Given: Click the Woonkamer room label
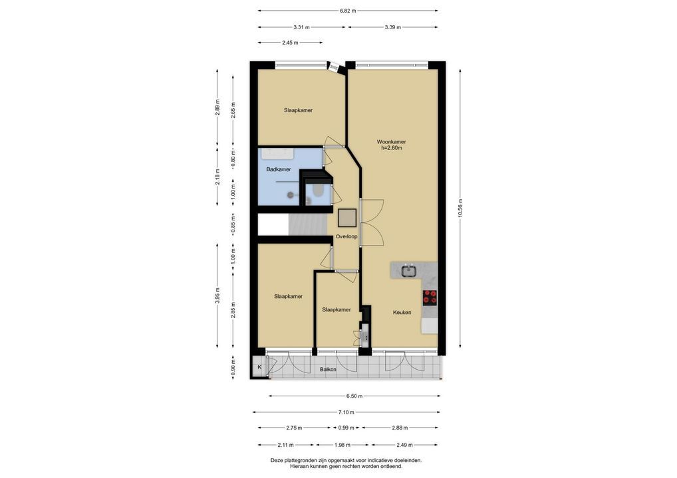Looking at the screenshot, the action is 391,142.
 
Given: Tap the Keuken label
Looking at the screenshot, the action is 402,313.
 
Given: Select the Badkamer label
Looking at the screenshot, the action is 279,169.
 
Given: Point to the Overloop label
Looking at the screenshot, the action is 346,236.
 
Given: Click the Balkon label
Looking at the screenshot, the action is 328,369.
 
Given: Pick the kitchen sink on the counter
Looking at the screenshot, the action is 408,271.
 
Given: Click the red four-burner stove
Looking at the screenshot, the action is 430,297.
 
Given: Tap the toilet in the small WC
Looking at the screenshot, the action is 317,191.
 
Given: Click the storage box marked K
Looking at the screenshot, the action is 259,367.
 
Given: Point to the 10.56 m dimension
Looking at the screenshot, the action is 461,208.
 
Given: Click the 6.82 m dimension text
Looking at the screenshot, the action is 348,11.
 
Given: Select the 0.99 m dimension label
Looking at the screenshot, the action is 346,428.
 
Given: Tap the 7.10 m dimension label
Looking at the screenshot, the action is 346,412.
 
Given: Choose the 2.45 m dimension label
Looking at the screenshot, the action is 290,42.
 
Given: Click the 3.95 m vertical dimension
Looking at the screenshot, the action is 217,295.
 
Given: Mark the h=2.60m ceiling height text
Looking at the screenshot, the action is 391,148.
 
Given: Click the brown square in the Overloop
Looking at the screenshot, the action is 347,218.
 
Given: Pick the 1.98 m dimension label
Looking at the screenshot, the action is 342,445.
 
